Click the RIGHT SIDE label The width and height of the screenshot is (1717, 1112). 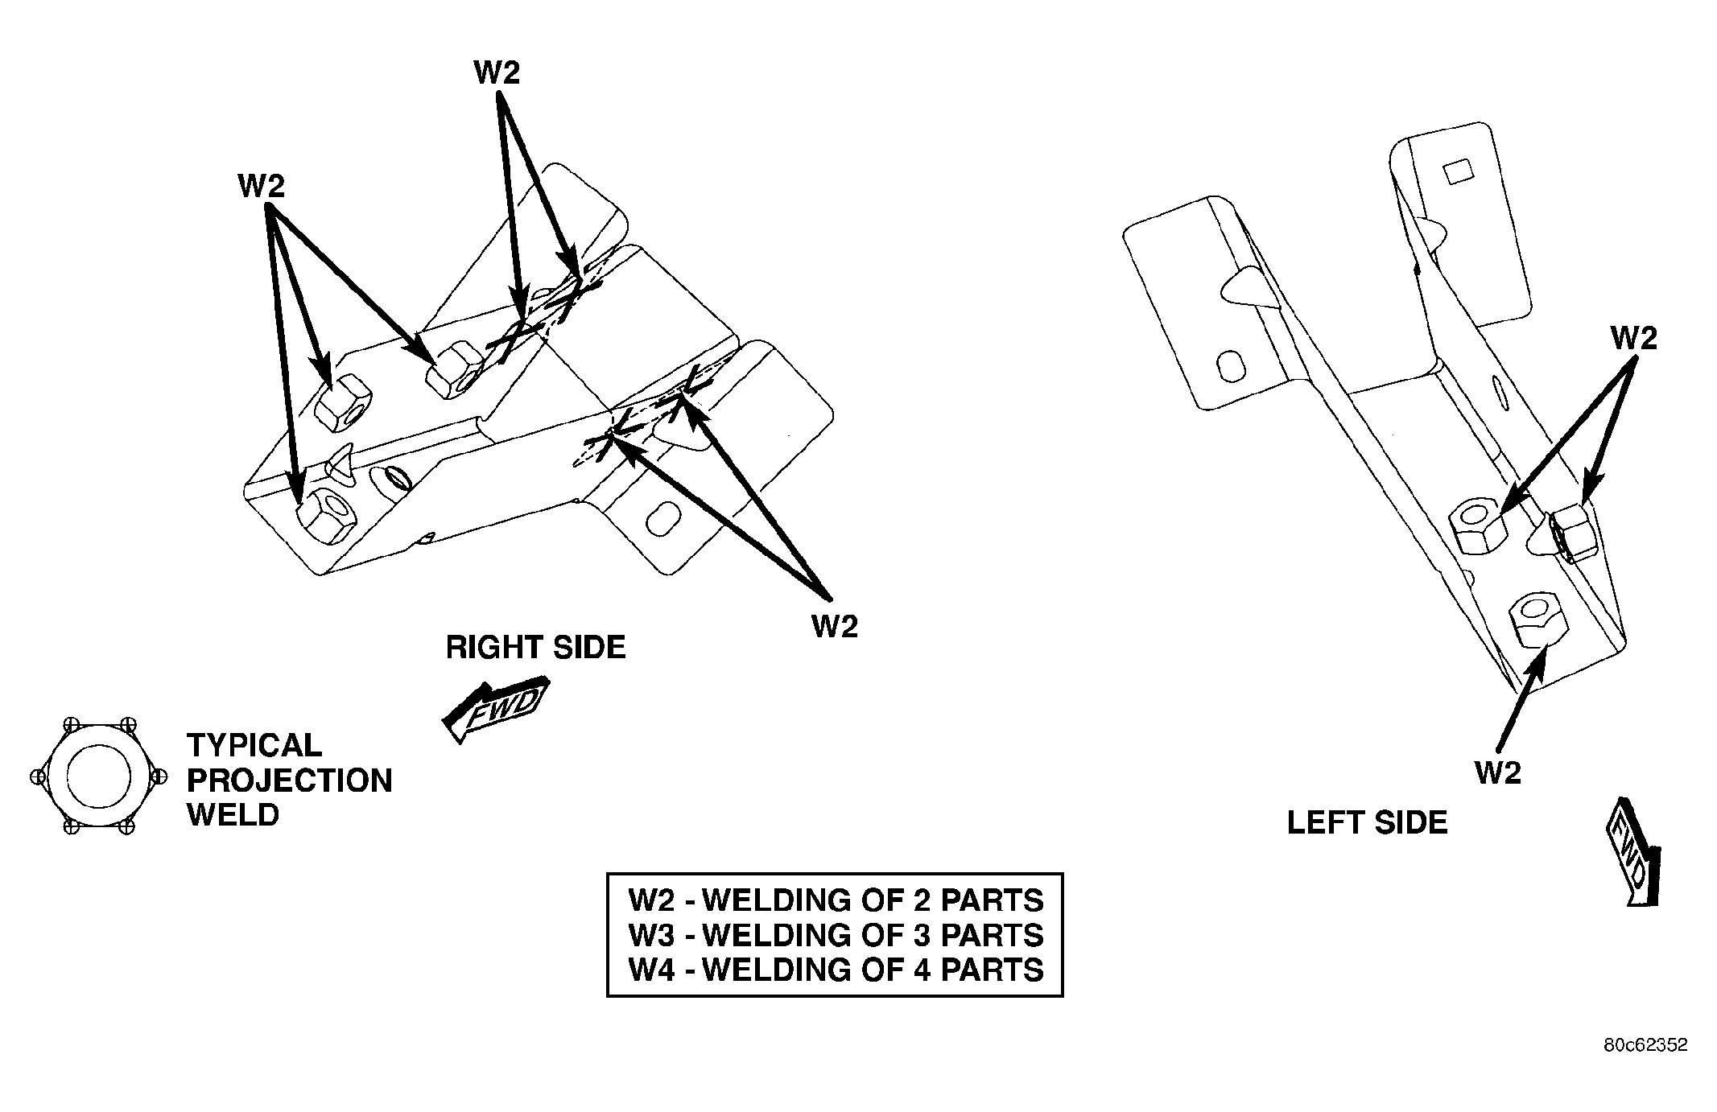(535, 648)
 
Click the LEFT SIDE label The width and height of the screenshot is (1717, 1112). (1367, 822)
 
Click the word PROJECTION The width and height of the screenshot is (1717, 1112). (290, 780)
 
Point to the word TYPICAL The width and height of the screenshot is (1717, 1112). (254, 745)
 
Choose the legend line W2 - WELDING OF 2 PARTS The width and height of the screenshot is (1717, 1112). (836, 900)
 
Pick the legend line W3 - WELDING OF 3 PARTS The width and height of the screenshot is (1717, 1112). (836, 935)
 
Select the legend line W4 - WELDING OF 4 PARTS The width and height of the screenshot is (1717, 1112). (836, 970)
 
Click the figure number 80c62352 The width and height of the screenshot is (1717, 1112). (1645, 1045)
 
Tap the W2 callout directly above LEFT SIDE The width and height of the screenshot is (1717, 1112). (1498, 773)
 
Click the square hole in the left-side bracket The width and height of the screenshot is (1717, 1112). (1457, 172)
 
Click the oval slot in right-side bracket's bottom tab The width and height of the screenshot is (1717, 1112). (666, 519)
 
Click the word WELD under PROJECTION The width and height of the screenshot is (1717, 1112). (233, 815)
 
